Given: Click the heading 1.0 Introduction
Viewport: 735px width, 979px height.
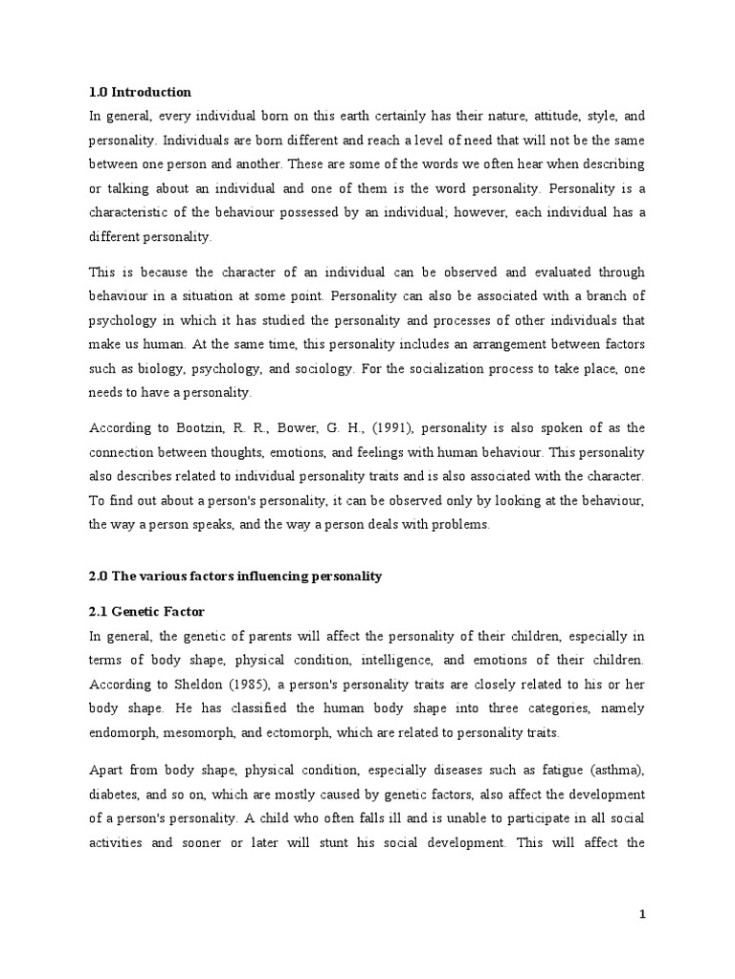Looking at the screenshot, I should click(x=140, y=93).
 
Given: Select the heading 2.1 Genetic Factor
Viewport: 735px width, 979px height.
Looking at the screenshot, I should click(x=146, y=611).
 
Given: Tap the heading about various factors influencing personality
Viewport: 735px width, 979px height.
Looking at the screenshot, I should click(x=234, y=577).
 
